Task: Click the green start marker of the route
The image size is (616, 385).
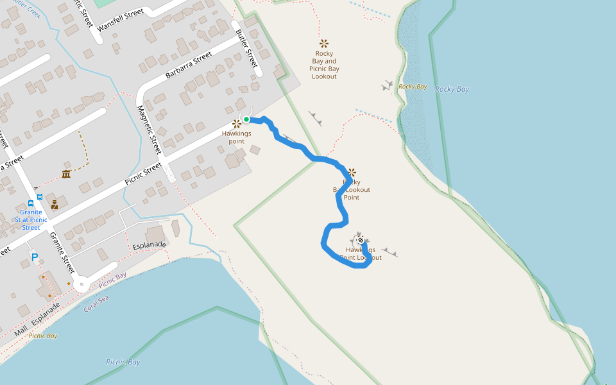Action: pyautogui.click(x=246, y=119)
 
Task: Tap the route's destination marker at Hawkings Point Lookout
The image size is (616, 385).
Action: pyautogui.click(x=361, y=241)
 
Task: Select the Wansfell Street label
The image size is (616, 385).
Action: pyautogui.click(x=121, y=20)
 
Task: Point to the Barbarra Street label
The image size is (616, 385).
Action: pyautogui.click(x=189, y=65)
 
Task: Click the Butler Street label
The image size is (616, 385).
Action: pyautogui.click(x=246, y=49)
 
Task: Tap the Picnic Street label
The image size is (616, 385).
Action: pyautogui.click(x=143, y=173)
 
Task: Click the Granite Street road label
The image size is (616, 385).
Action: pyautogui.click(x=63, y=252)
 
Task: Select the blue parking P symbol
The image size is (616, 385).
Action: pyautogui.click(x=35, y=257)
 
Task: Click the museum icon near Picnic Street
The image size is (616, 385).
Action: pyautogui.click(x=66, y=174)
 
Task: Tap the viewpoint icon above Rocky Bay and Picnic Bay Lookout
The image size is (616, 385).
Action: pyautogui.click(x=324, y=44)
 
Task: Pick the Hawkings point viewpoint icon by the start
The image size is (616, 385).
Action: pyautogui.click(x=236, y=123)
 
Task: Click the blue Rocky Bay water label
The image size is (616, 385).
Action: pyautogui.click(x=452, y=89)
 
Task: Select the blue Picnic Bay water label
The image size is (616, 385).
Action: pyautogui.click(x=123, y=362)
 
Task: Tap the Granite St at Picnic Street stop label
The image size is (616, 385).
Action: pyautogui.click(x=31, y=219)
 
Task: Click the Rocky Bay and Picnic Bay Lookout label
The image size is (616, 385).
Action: pyautogui.click(x=324, y=65)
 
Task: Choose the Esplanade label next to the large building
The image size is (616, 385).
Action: pyautogui.click(x=149, y=245)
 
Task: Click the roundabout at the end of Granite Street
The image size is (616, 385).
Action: pyautogui.click(x=81, y=284)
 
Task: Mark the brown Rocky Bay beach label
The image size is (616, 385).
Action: pyautogui.click(x=413, y=87)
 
